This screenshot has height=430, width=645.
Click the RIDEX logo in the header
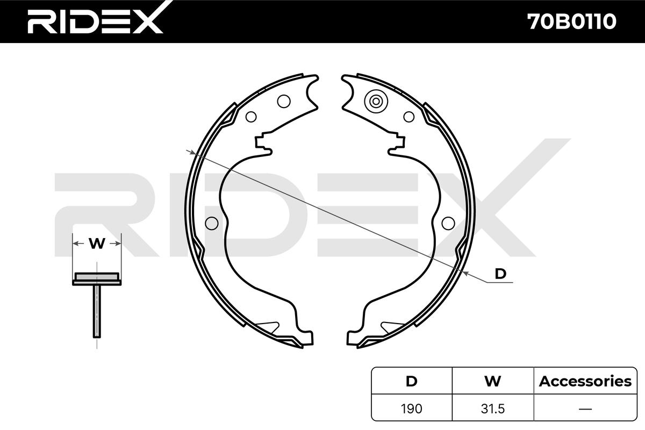(95, 21)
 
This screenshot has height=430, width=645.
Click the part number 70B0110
(571, 21)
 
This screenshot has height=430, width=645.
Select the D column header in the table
(411, 381)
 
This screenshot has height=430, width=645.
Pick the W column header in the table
(492, 381)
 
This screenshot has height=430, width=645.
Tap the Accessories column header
(585, 381)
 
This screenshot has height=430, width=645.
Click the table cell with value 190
(411, 408)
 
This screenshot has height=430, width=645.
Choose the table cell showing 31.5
(492, 408)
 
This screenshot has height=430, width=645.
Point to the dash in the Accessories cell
(585, 408)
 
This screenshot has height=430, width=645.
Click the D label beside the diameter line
(500, 274)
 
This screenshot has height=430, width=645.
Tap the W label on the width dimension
(97, 243)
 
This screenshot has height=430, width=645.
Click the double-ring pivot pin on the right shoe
(376, 101)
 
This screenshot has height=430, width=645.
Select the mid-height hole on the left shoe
(212, 222)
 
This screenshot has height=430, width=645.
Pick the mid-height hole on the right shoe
(447, 222)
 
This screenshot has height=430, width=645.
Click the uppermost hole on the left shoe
(283, 101)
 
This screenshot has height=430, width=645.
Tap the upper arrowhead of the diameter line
(190, 151)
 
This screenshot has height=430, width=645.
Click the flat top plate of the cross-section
(97, 277)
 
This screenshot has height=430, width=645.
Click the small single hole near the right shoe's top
(409, 116)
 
